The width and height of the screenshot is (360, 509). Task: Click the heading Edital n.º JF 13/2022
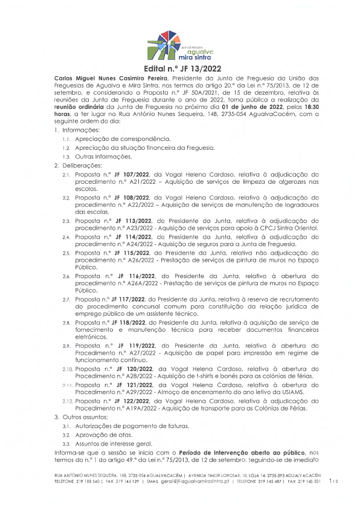(180, 69)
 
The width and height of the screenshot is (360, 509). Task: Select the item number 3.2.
(66, 435)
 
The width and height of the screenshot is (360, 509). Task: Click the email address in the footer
(192, 482)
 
